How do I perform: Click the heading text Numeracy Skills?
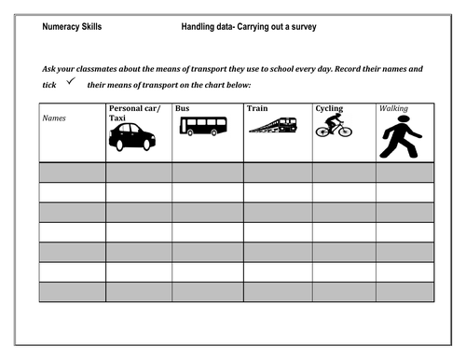[x=72, y=27]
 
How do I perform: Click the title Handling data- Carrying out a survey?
[x=249, y=27]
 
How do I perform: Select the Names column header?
[x=54, y=119]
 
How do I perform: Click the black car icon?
[x=132, y=136]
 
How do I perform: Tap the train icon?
[x=273, y=125]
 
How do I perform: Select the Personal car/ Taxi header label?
[x=135, y=114]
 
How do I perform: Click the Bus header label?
[x=183, y=108]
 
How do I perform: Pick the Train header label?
[x=257, y=108]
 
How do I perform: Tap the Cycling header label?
[x=329, y=108]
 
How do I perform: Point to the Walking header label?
[x=393, y=108]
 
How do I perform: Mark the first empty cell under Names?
[x=72, y=172]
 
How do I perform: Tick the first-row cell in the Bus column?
[x=208, y=172]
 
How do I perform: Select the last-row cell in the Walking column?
[x=404, y=292]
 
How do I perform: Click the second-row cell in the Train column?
[x=278, y=192]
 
